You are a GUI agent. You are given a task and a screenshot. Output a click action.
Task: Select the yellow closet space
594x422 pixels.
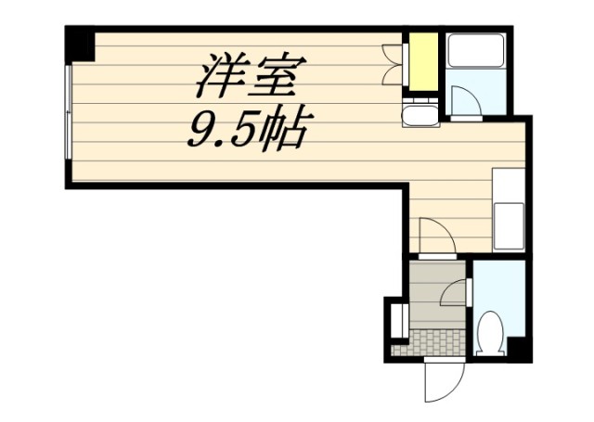(423, 62)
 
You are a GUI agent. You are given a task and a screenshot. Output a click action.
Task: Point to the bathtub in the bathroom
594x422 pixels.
(476, 51)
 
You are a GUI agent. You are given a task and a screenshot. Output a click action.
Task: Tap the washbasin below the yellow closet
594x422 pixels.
(420, 113)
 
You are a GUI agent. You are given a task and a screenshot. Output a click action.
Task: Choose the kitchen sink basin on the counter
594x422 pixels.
(509, 226)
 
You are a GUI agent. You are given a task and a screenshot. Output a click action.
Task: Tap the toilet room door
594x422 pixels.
(456, 292)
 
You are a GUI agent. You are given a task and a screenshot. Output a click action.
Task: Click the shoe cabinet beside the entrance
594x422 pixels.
(399, 321)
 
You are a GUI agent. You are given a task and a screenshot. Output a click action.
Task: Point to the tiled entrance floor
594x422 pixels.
(432, 343)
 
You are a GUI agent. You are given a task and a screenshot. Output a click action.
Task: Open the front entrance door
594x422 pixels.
(444, 379)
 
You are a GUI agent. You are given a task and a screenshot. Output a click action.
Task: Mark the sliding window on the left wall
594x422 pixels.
(69, 112)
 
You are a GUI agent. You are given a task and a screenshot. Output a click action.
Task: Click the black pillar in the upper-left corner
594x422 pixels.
(80, 44)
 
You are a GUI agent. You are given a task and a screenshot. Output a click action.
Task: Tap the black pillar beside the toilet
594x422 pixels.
(520, 349)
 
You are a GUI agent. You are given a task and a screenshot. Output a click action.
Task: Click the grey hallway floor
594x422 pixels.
(437, 295)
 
